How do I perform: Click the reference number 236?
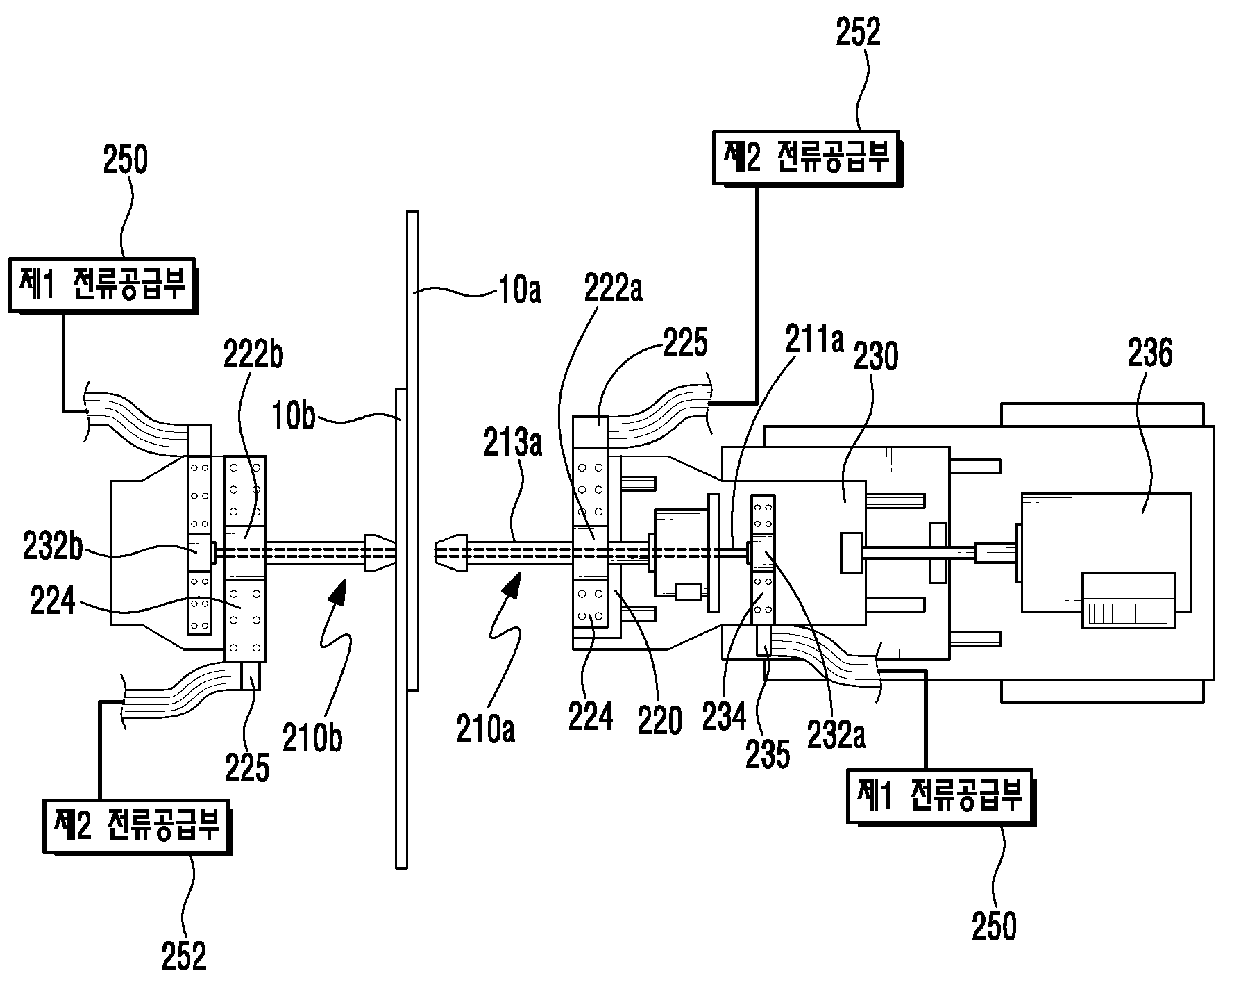(1150, 354)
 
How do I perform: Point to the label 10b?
(294, 419)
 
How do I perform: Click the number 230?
(876, 356)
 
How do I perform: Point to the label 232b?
(52, 549)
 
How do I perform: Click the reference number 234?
(723, 716)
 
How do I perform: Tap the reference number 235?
(768, 754)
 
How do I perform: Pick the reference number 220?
(659, 720)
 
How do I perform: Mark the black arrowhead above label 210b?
(339, 592)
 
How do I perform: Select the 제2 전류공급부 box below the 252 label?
(807, 158)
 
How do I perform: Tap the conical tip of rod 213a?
(452, 553)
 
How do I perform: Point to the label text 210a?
(486, 731)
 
